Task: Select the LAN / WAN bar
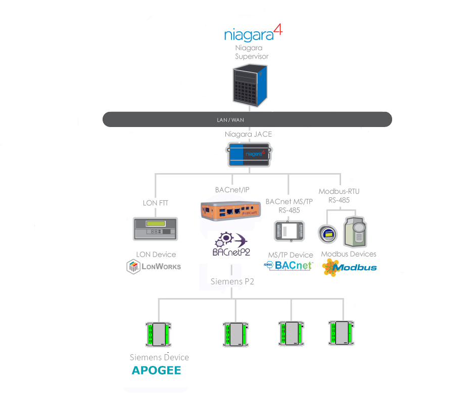point(247,119)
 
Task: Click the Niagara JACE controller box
point(248,155)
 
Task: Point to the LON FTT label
point(155,203)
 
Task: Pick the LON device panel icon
point(155,229)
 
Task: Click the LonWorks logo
point(154,267)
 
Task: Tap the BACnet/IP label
point(231,190)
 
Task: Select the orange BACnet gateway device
point(232,212)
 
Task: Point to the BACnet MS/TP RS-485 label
point(289,205)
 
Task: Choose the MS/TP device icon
point(289,231)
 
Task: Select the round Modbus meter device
point(328,233)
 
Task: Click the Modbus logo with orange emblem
point(349,267)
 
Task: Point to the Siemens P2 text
point(232,281)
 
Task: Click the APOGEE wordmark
point(156,370)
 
